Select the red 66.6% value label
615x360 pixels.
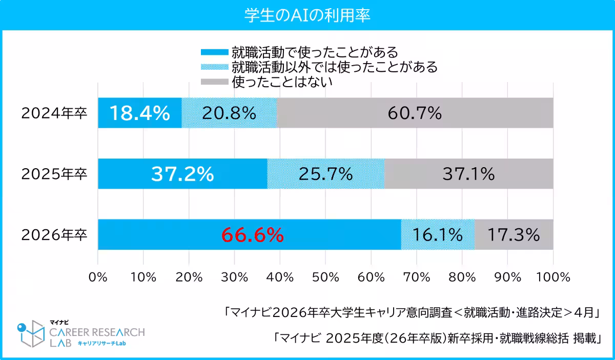(x=252, y=235)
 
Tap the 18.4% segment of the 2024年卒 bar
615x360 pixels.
(x=139, y=113)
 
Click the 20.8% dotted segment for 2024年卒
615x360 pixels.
(x=229, y=113)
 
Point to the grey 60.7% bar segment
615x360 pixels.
(x=415, y=113)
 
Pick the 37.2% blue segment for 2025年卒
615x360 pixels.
(x=182, y=174)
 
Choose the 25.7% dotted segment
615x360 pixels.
(x=326, y=174)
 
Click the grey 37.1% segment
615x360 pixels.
(x=468, y=174)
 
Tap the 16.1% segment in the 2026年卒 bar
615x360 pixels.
(x=438, y=235)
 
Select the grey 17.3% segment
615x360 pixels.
(x=514, y=235)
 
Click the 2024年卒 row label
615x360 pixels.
(x=54, y=113)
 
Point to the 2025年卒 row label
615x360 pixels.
(x=54, y=174)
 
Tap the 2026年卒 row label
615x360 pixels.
(x=54, y=235)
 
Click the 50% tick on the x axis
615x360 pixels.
(x=325, y=277)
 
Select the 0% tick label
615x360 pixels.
(x=98, y=277)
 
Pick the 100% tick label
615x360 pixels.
(x=553, y=277)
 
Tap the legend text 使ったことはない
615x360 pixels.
(x=282, y=82)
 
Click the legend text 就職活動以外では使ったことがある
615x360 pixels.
(x=334, y=67)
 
